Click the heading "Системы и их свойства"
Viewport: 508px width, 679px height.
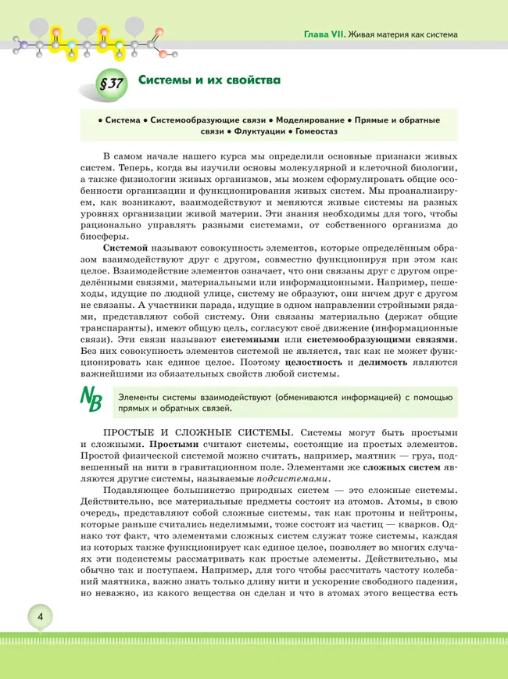tap(209, 80)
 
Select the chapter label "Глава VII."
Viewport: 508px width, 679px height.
tap(325, 34)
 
